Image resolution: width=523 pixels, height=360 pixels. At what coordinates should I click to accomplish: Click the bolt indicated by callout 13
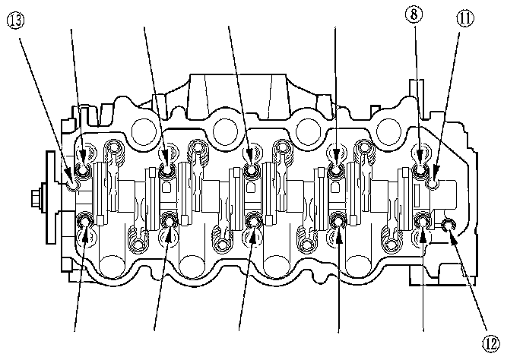click(72, 182)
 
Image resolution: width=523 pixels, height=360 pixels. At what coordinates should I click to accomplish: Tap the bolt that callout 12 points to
click(449, 223)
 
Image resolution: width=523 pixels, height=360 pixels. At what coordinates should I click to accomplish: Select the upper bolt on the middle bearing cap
click(252, 157)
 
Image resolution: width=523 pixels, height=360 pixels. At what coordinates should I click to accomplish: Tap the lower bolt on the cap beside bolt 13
click(85, 222)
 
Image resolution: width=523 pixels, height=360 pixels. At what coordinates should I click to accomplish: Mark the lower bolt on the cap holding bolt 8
click(423, 223)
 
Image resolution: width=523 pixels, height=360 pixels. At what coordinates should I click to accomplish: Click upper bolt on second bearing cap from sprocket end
click(167, 158)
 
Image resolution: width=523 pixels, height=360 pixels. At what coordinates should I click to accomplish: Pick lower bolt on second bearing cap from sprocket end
click(169, 223)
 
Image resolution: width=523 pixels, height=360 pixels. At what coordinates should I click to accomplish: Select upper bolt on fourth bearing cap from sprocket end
click(336, 158)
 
